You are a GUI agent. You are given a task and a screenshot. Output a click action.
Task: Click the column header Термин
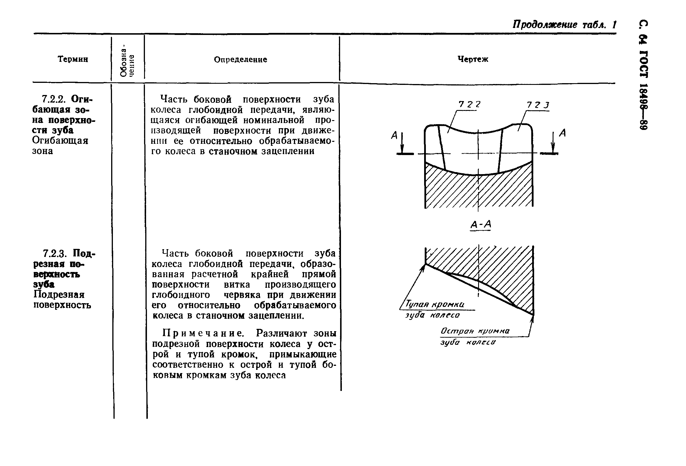coord(73,59)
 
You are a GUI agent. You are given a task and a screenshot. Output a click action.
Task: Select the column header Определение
coord(240,59)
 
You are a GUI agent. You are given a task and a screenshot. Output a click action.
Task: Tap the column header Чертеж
coord(473,59)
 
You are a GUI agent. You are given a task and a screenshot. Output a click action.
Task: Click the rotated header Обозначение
coord(127,60)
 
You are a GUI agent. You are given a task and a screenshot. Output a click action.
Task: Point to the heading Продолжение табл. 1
coord(564,25)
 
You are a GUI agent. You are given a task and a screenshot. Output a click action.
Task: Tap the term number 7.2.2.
coord(55,98)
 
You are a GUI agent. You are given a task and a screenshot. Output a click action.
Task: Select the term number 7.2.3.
coord(56,253)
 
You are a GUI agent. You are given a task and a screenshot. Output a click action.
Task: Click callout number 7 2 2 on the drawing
coord(469,104)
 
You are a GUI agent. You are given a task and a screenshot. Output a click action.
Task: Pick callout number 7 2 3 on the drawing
coord(538,105)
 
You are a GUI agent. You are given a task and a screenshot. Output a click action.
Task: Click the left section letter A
coord(394,135)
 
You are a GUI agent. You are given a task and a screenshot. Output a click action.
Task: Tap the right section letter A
coord(563,133)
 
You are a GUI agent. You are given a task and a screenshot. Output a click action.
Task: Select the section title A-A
coord(480,225)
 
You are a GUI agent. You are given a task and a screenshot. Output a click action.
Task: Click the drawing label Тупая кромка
coord(435,304)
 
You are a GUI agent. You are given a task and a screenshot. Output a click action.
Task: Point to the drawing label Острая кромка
coord(475,331)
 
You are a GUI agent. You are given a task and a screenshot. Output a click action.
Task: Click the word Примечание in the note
coord(203,333)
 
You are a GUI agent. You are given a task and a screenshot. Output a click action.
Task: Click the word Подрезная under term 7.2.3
coord(59,294)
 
